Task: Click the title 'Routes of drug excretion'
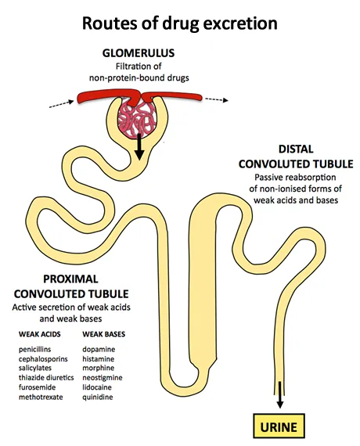click(180, 23)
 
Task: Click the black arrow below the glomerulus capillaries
click(139, 146)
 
